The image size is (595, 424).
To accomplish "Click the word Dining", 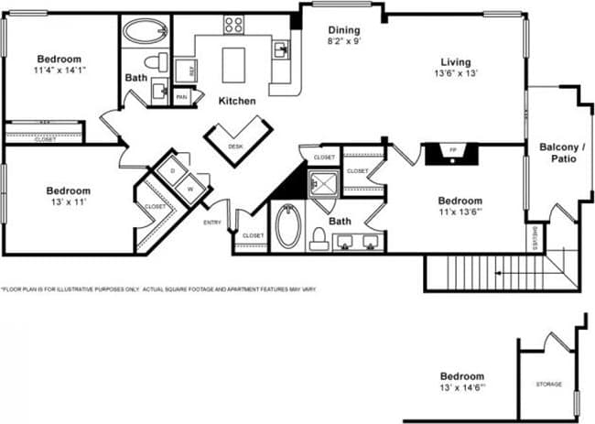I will coord(344,29).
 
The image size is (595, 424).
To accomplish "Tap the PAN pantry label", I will coord(181,96).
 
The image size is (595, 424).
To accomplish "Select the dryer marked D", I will coord(170,170).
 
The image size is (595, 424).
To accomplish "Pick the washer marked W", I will coord(190,190).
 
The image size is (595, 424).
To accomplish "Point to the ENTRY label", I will coord(212,223).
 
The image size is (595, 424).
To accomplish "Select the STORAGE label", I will coord(549,385).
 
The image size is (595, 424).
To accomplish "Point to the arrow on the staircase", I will coord(499,272).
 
